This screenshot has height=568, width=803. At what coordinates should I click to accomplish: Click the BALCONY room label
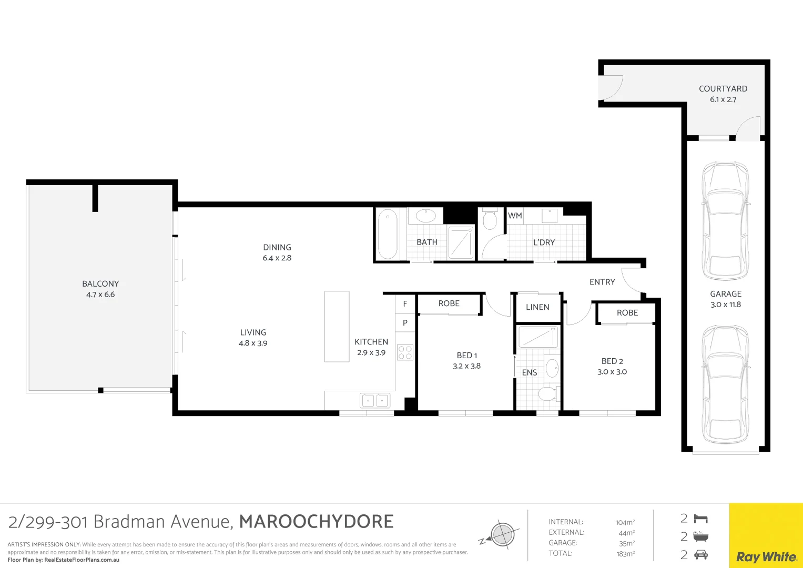(x=100, y=283)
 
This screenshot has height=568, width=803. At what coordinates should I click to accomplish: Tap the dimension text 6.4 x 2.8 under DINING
(x=277, y=258)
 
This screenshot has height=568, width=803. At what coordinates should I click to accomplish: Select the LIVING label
(x=253, y=332)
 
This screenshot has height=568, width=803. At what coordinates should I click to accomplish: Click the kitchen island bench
(x=337, y=327)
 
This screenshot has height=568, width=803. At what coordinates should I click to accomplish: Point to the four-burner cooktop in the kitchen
(x=405, y=352)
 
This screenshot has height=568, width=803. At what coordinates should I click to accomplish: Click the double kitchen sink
(x=375, y=401)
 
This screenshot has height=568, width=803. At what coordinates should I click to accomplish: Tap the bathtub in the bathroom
(x=388, y=234)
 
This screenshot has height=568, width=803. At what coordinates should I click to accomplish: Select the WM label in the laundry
(x=515, y=216)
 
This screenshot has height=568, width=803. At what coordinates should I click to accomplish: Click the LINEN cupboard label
(x=537, y=307)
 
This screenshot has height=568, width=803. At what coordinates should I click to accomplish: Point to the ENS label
(x=530, y=372)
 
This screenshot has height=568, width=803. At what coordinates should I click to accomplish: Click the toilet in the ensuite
(x=548, y=393)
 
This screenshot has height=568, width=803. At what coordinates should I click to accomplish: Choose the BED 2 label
(x=612, y=361)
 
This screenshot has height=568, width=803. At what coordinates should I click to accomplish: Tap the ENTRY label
(x=602, y=282)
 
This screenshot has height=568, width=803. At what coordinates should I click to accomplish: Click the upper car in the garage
(x=726, y=221)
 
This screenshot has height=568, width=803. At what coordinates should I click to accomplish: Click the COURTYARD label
(x=723, y=89)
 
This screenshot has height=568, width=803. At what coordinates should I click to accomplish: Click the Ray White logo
(x=766, y=557)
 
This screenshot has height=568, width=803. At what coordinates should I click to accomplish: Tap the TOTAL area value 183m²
(x=625, y=554)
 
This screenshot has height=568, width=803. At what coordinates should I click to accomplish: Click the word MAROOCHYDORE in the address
(x=316, y=522)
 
